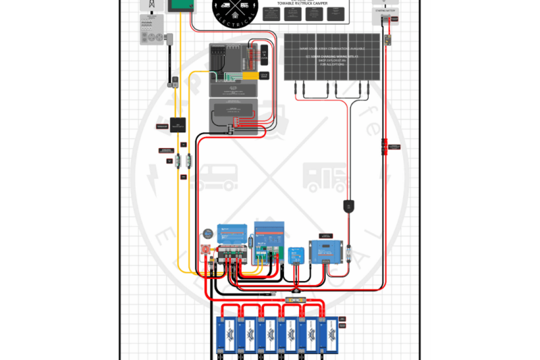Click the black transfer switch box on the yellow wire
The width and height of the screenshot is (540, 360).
178,124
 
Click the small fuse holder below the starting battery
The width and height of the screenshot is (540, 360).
389,41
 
